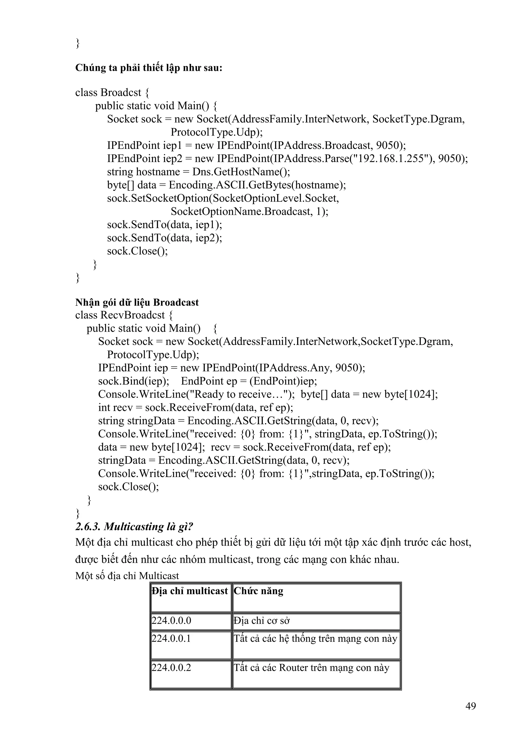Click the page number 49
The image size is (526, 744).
coord(470,705)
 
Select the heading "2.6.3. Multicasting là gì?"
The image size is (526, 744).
coord(134,527)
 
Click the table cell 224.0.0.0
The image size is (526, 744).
coord(172,620)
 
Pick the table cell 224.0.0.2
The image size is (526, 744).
coord(172,667)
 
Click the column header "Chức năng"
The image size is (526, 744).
coord(258,591)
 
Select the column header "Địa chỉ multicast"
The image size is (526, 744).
coord(190,591)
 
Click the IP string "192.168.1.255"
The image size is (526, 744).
coord(391,158)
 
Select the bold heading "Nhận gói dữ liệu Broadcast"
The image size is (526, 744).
coord(137,302)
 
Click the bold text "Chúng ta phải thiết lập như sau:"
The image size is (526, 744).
coord(149,68)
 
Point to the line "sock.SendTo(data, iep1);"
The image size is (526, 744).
coord(165,225)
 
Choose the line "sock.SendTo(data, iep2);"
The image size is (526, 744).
coord(165,238)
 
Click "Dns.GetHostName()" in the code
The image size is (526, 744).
coord(241,172)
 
